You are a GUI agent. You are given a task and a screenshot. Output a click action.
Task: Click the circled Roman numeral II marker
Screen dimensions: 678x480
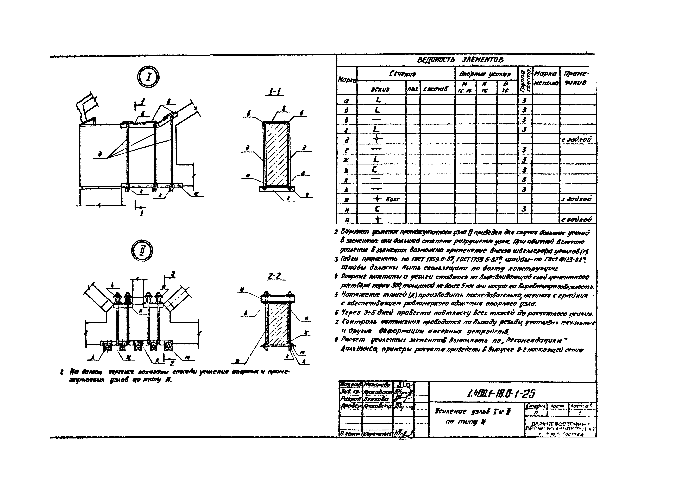pyautogui.click(x=142, y=251)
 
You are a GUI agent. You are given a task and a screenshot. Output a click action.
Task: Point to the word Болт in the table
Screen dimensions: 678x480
pyautogui.click(x=393, y=199)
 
